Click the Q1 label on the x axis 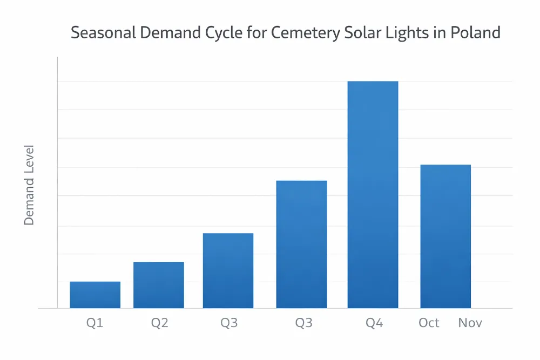coord(94,323)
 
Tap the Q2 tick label coord(159,323)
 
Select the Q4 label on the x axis coord(374,323)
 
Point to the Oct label coord(429,323)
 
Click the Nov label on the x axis coord(470,323)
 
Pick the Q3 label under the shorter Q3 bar coord(229,323)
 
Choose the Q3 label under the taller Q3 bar coord(303,323)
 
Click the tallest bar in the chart coord(373,194)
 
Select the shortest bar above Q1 coord(95,295)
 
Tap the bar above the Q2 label coord(159,285)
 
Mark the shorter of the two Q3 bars coord(228,270)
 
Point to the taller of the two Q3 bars coord(301,244)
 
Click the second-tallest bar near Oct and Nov coord(446,236)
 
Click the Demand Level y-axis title coord(29,185)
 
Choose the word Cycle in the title coord(222,32)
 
